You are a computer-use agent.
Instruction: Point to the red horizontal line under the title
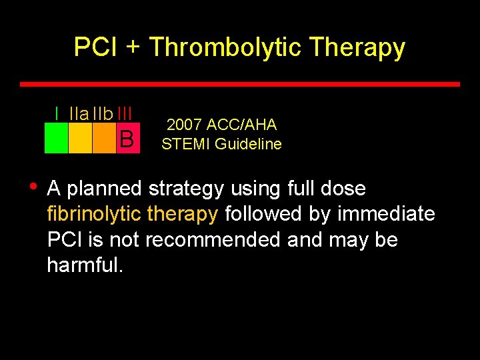(x=240, y=85)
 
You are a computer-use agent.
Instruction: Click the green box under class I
(x=56, y=139)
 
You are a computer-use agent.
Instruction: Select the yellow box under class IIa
(x=80, y=139)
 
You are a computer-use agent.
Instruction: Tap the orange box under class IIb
(x=104, y=139)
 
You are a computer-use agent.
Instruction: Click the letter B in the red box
(x=127, y=139)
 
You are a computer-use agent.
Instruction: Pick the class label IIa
(x=79, y=114)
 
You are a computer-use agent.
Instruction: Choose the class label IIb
(x=103, y=114)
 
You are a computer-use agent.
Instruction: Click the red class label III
(x=125, y=114)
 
